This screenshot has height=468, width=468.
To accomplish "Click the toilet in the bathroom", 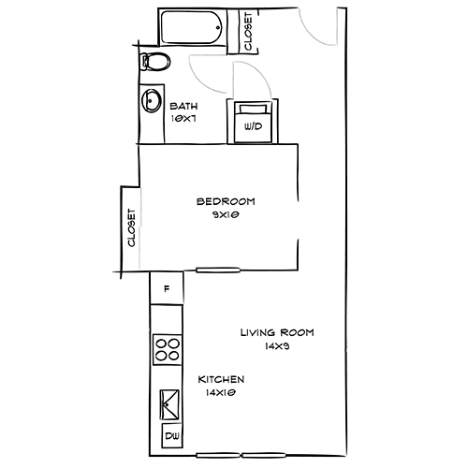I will [x=155, y=63].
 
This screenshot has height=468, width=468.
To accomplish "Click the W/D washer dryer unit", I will [x=252, y=122].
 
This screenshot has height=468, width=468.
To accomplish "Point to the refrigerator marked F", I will [x=167, y=288].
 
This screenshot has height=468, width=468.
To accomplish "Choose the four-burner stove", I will [x=167, y=349].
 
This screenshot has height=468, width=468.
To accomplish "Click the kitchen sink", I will [x=168, y=404].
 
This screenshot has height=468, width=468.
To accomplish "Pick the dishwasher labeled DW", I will [x=172, y=437].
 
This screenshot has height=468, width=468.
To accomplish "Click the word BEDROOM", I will [x=226, y=201].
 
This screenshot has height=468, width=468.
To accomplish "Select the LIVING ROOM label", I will [x=276, y=332].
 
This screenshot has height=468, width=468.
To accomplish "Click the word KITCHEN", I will [x=222, y=379].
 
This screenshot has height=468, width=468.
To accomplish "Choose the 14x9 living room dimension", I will [x=277, y=345].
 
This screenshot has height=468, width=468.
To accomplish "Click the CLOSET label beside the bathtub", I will [x=248, y=31].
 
